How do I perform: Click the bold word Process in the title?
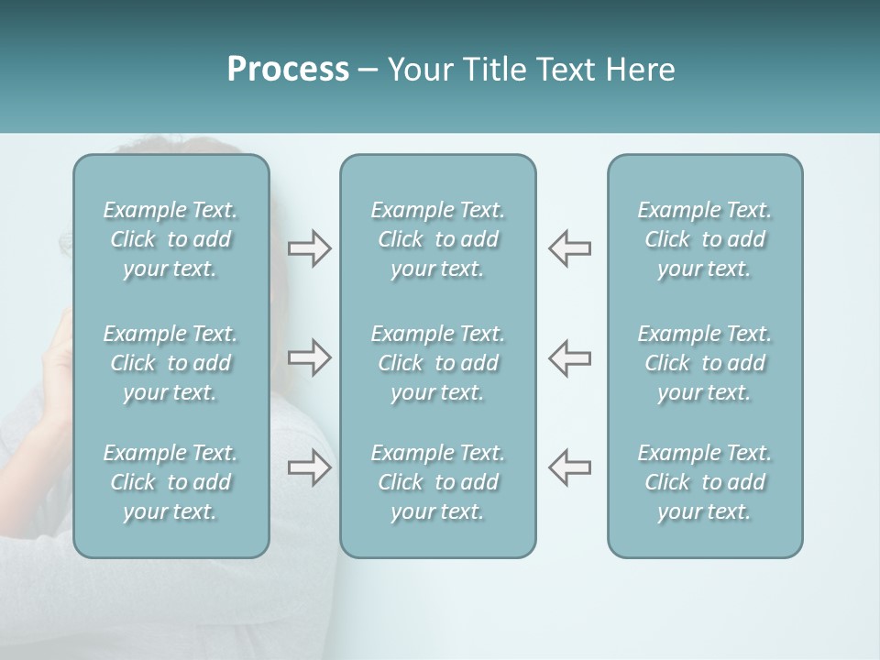pos(288,70)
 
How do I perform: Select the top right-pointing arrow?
pos(309,248)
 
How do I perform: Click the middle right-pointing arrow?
pos(309,357)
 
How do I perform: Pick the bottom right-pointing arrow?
pos(309,467)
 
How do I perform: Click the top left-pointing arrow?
pos(570,248)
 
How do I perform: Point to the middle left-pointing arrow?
pos(570,357)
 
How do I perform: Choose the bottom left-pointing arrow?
pos(570,467)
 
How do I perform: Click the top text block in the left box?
pos(170,239)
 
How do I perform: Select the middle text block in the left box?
pos(170,363)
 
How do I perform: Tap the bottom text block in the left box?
pos(170,482)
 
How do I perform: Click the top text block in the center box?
pos(438,239)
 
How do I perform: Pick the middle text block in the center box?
pos(438,363)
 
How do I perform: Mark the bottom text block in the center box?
pos(438,482)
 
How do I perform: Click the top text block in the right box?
pos(705,239)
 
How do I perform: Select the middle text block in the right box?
pos(705,363)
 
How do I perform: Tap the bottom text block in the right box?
pos(705,482)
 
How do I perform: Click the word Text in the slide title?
pos(565,70)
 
